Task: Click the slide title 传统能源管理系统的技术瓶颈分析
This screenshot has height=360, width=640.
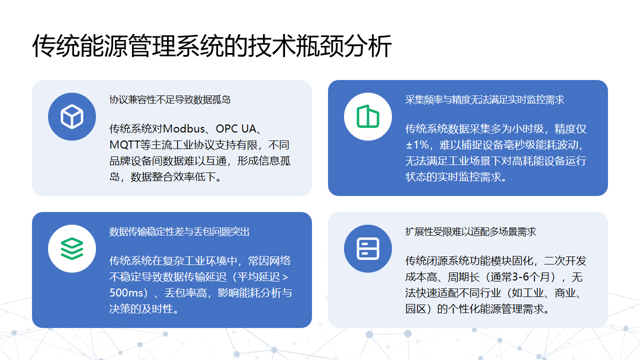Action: [x=212, y=46]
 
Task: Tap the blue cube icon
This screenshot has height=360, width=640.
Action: [x=71, y=117]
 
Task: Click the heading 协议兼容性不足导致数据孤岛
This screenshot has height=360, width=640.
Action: [x=170, y=100]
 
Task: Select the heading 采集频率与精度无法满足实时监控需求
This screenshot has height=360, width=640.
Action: [x=485, y=100]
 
